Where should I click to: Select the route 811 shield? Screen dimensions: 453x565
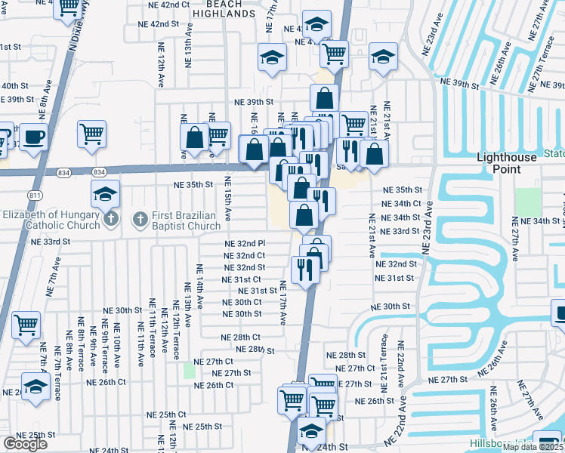tap(34, 196)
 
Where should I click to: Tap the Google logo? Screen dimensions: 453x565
tap(25, 444)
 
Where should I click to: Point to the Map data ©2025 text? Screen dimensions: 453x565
tap(533, 447)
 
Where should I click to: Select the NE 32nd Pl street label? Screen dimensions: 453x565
tap(245, 244)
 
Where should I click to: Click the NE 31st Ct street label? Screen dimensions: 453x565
tap(242, 279)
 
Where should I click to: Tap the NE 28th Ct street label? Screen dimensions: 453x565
tap(240, 337)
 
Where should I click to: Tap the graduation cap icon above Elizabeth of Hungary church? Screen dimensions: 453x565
tap(106, 193)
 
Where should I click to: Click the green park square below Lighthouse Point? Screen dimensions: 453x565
tap(529, 202)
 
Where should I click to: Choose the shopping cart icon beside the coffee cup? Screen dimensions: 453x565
tap(91, 134)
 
